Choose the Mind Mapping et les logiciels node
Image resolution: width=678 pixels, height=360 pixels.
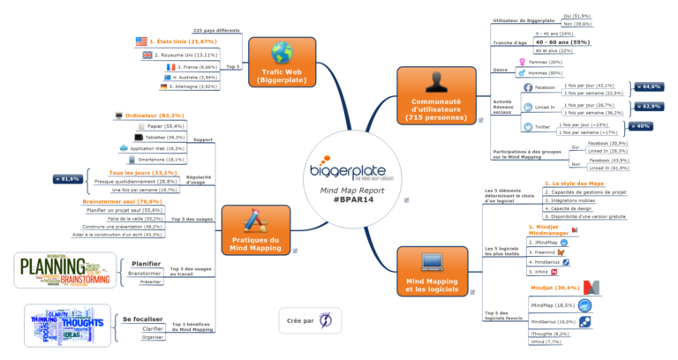pyautogui.click(x=433, y=271)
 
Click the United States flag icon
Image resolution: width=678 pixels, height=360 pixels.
pyautogui.click(x=141, y=41)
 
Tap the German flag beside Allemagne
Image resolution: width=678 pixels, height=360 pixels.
pyautogui.click(x=165, y=87)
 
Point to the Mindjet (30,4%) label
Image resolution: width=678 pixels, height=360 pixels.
pyautogui.click(x=555, y=288)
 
